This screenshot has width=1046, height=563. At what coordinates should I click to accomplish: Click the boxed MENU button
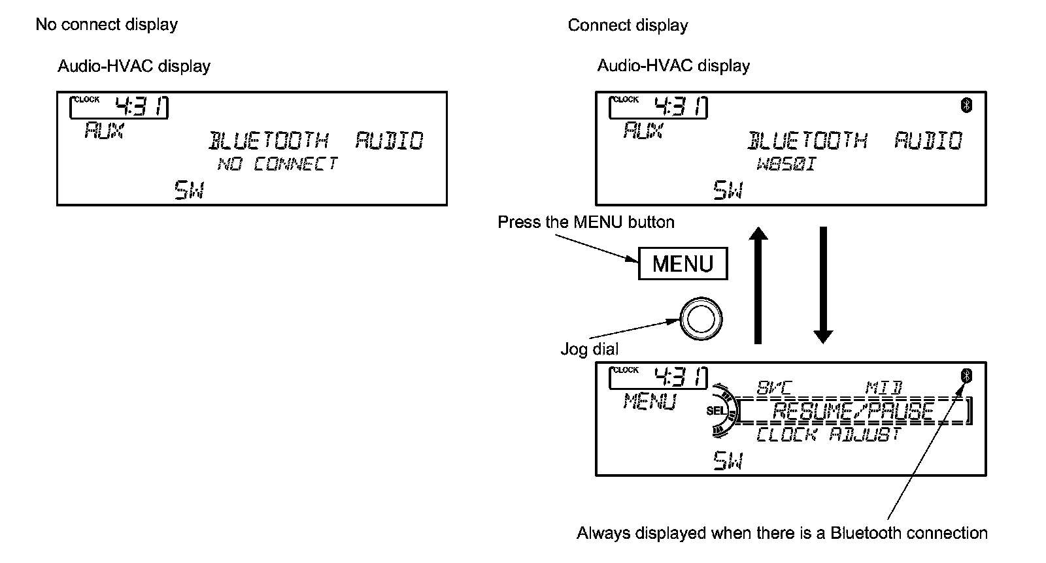[683, 264]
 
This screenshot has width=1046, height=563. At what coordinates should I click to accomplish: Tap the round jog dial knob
[701, 319]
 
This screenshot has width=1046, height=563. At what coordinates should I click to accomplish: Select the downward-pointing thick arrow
[823, 284]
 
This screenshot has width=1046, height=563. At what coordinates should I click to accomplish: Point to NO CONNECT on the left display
[277, 163]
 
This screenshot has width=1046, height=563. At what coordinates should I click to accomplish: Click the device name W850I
[786, 163]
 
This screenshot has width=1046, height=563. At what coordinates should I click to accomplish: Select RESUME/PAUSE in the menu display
[852, 412]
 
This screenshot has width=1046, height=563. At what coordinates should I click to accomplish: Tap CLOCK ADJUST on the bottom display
[829, 434]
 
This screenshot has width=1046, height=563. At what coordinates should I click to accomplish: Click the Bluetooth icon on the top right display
[967, 105]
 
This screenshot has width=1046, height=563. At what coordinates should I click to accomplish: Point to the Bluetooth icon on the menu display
[967, 376]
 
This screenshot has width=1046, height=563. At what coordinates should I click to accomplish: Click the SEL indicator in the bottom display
[715, 411]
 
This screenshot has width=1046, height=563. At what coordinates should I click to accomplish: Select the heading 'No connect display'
[107, 25]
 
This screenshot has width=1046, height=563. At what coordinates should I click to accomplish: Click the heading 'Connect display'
[628, 25]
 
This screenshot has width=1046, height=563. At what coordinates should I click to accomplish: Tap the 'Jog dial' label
[589, 349]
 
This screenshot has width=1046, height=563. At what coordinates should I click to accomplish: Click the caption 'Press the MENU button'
[586, 222]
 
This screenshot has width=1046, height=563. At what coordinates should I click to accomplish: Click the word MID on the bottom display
[883, 388]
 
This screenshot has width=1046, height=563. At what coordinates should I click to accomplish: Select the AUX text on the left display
[103, 131]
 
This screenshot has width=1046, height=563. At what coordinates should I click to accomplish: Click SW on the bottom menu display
[728, 462]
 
